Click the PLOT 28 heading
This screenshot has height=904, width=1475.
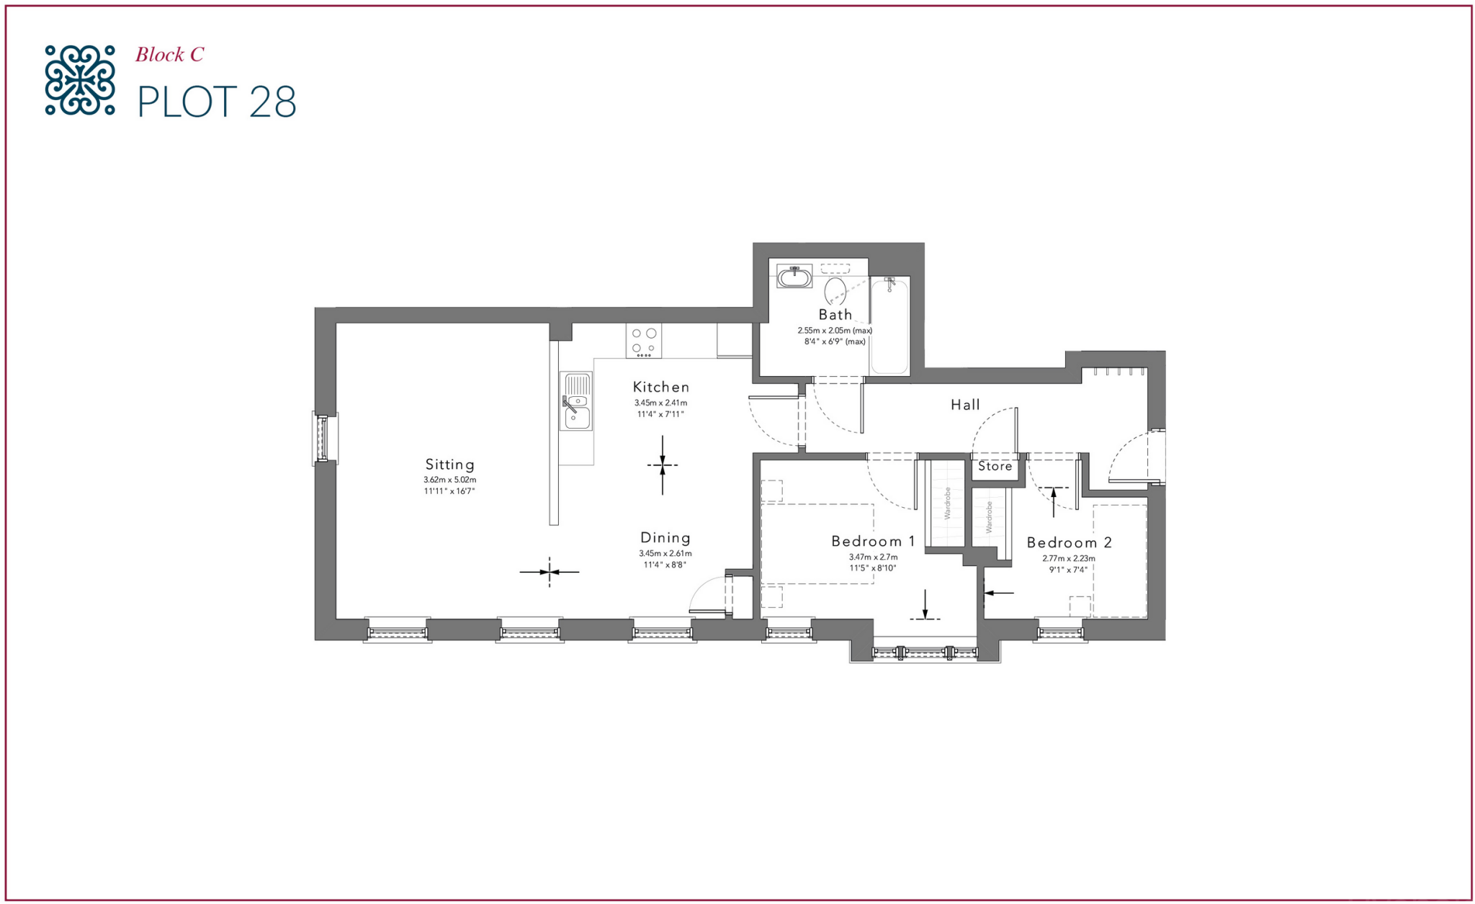point(216,102)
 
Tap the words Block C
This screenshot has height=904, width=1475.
point(170,55)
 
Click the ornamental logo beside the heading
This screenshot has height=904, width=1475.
point(80,80)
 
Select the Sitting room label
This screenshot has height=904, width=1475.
point(449,465)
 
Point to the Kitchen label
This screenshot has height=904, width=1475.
point(661,387)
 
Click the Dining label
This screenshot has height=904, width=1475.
point(665,537)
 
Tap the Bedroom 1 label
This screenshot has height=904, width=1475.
point(873,541)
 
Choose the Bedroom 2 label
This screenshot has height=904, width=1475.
point(1069,542)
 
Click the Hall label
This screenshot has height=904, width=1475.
point(965,405)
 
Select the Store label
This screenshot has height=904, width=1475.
point(995,466)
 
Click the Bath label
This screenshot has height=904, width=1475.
point(835,315)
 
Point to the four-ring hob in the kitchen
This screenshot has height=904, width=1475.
point(644,341)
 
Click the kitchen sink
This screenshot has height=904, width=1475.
point(576,401)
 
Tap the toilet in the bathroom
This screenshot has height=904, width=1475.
point(835,290)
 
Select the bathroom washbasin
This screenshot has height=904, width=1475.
point(794,277)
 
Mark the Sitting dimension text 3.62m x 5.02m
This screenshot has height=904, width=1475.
point(449,480)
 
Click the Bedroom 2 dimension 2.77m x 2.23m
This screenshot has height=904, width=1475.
point(1069,558)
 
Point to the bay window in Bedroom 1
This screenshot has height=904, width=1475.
point(925,653)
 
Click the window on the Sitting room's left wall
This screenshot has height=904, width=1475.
point(323,437)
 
